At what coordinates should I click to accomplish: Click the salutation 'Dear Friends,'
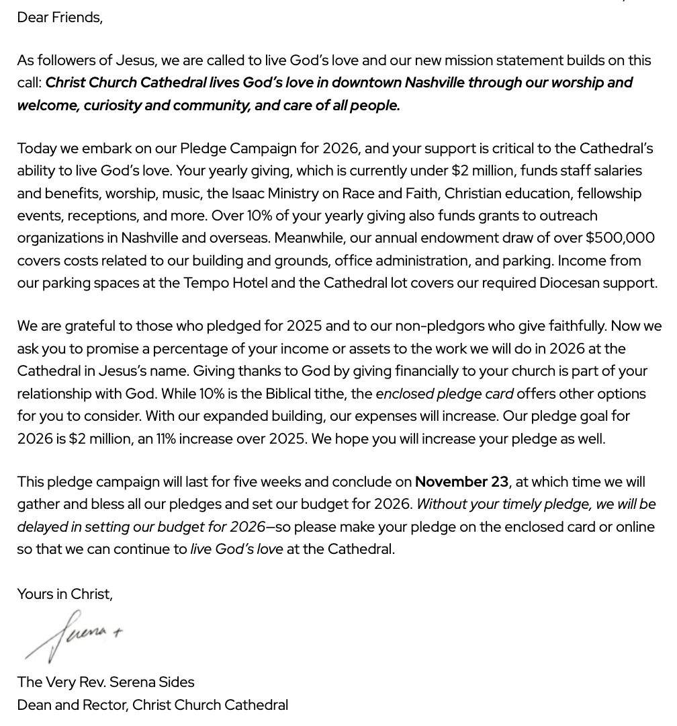[x=60, y=17]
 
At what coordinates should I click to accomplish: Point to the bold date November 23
[x=461, y=482]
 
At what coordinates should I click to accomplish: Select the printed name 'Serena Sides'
[x=151, y=682]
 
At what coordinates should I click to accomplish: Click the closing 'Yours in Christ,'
[x=64, y=594]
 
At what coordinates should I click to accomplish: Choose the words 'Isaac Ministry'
[x=275, y=194]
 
